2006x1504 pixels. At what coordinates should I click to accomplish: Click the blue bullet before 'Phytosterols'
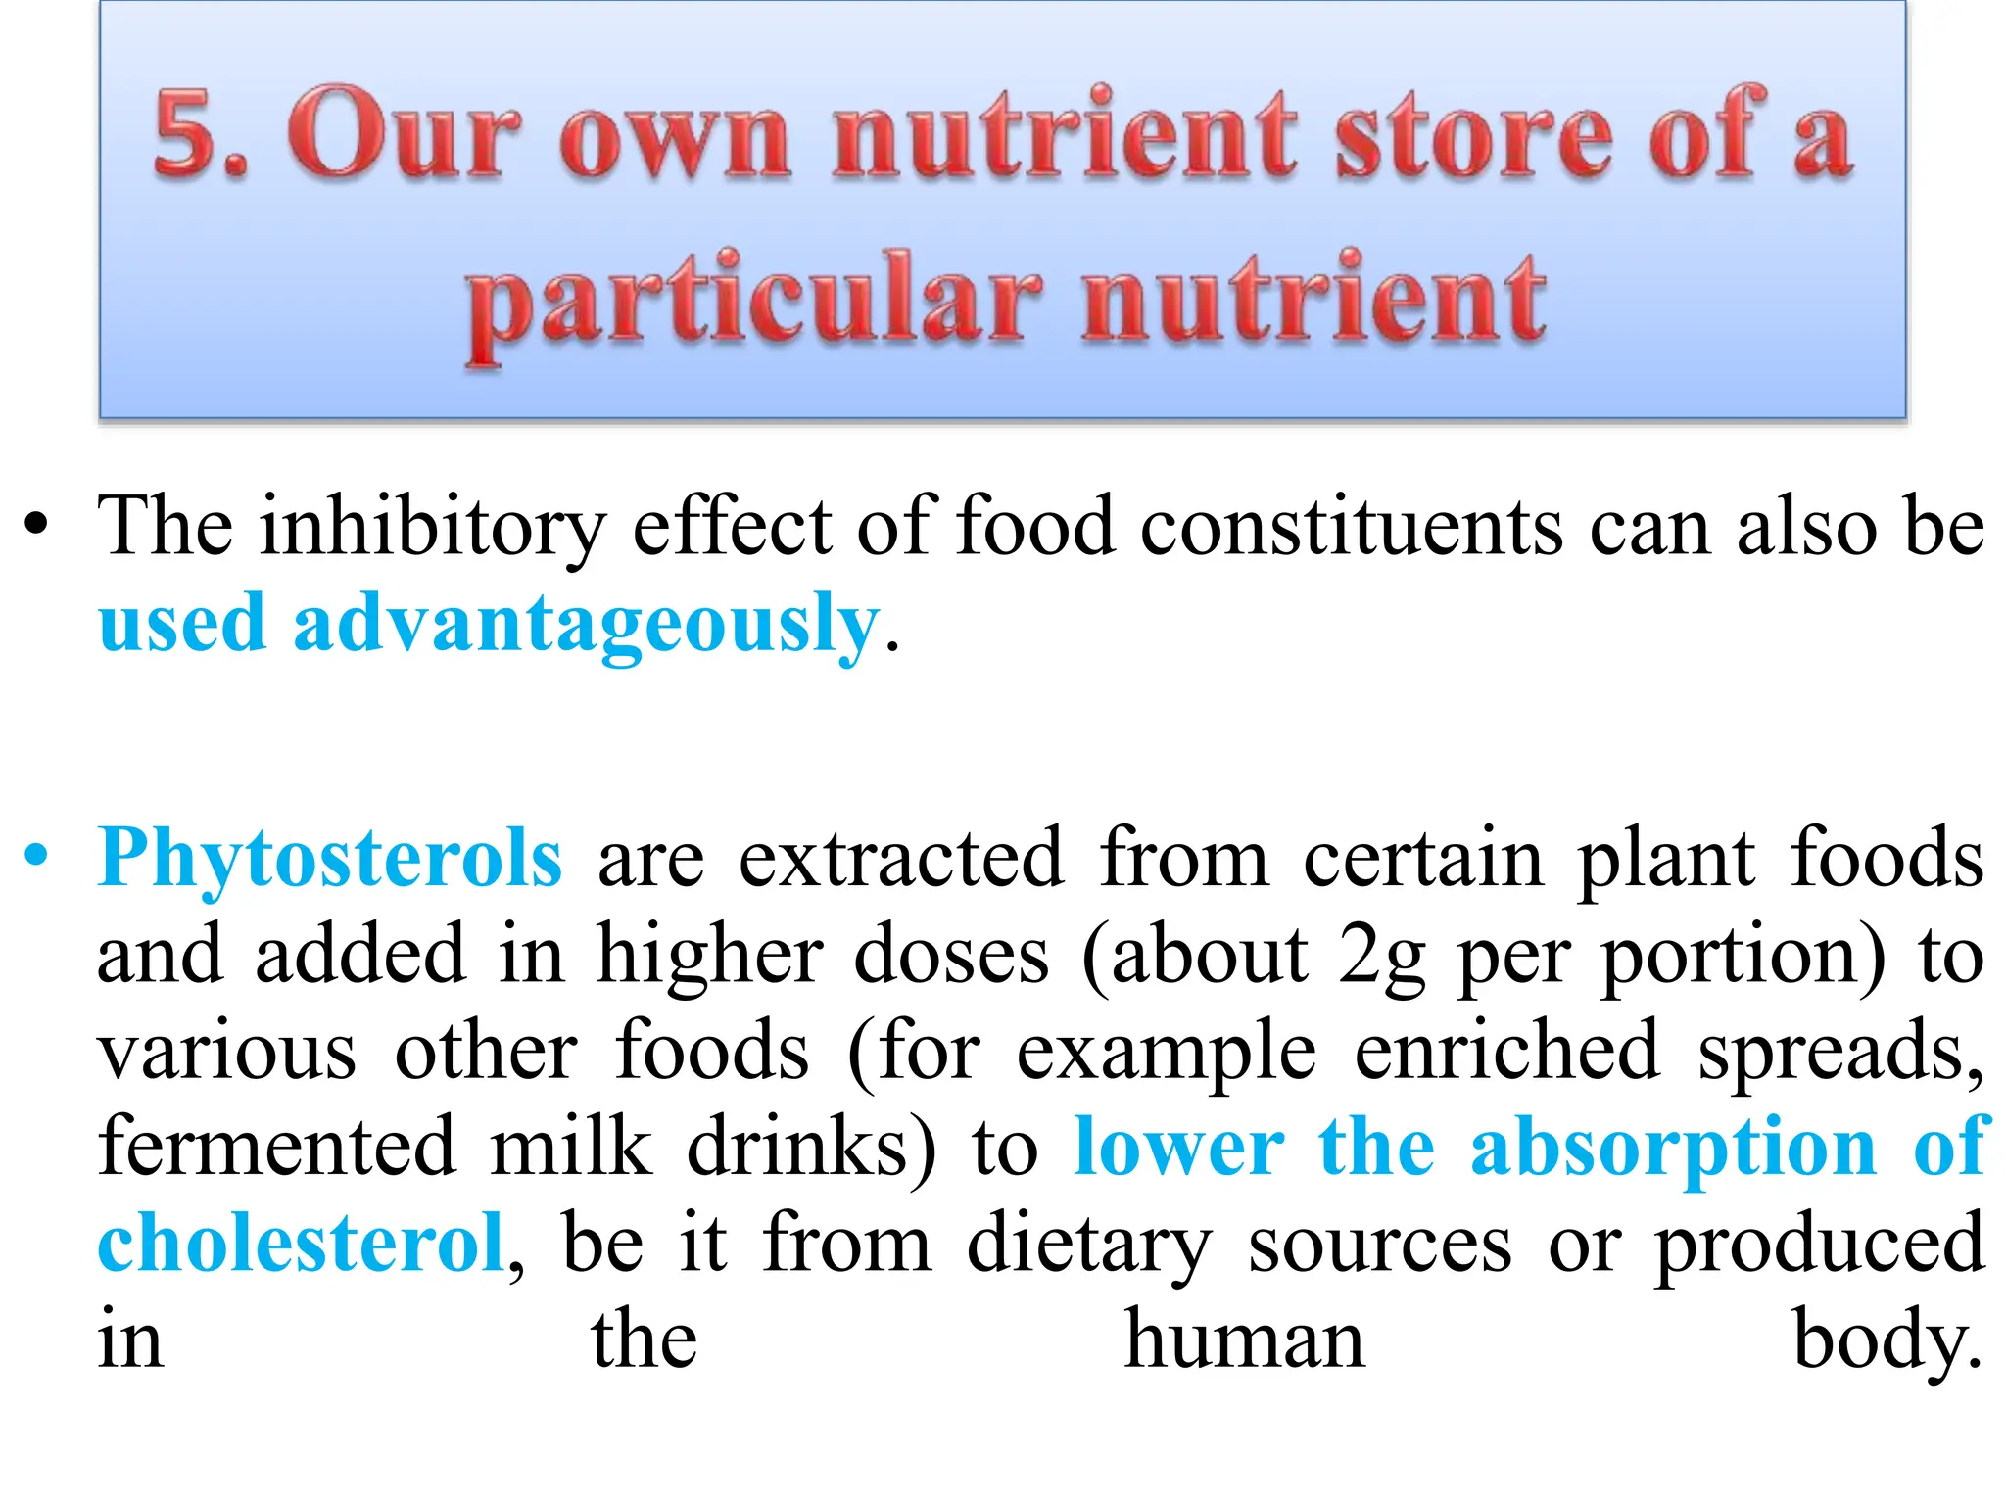[x=36, y=856]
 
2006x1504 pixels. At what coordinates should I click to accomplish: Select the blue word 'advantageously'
[x=586, y=625]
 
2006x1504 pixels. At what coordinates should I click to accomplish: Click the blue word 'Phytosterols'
[x=330, y=858]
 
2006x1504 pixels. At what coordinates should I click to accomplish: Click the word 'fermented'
[x=276, y=1148]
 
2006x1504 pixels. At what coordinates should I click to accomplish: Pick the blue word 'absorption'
[x=1673, y=1148]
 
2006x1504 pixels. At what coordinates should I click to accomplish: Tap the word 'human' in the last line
[x=1244, y=1339]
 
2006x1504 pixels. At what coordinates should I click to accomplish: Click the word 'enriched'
[x=1507, y=1052]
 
